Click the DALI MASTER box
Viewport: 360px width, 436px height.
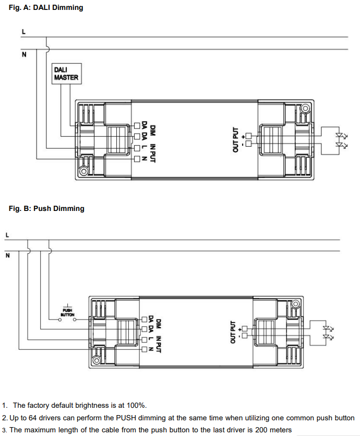(66, 74)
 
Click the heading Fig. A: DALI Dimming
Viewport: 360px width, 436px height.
(46, 8)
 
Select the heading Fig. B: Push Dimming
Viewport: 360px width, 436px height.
(46, 208)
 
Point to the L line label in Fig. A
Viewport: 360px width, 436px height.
(22, 31)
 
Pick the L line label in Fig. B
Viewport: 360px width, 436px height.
(7, 235)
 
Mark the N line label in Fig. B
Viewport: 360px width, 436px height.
(7, 255)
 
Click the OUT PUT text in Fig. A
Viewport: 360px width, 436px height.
(235, 139)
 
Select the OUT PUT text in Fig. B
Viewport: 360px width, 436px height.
(233, 332)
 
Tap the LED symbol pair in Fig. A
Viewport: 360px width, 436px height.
(342, 140)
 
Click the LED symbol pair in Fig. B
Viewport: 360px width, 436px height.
(328, 333)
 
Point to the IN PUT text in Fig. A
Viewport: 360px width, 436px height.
(153, 148)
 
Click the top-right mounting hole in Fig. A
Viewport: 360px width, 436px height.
(306, 109)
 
